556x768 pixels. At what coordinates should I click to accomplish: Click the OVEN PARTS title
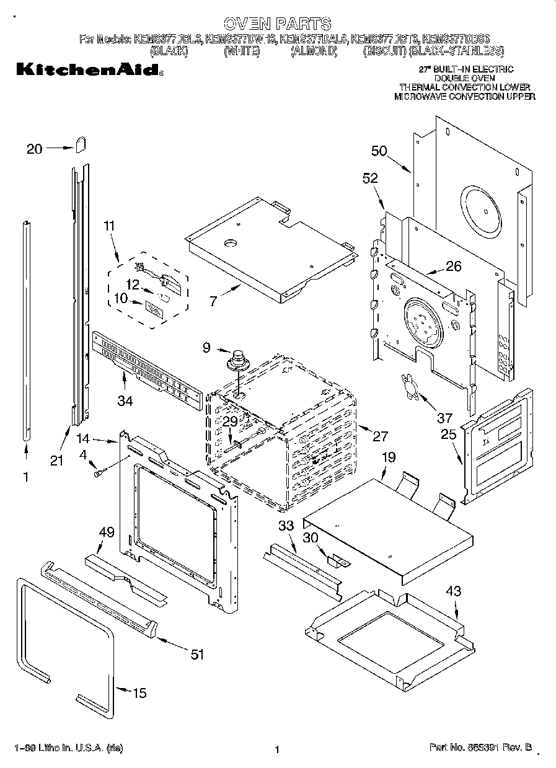(x=277, y=24)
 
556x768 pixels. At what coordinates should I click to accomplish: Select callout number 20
(x=35, y=148)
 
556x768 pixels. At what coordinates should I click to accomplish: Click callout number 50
(x=379, y=151)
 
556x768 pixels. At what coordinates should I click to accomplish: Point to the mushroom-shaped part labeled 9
(x=236, y=360)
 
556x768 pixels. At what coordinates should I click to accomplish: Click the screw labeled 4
(x=98, y=473)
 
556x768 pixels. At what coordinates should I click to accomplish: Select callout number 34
(x=125, y=401)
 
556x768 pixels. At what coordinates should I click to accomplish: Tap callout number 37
(x=444, y=418)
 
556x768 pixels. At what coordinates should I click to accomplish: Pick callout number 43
(x=454, y=591)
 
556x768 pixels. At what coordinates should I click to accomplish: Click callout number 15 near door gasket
(x=140, y=693)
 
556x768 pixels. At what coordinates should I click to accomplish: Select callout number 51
(x=196, y=655)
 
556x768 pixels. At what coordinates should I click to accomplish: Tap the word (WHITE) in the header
(x=241, y=52)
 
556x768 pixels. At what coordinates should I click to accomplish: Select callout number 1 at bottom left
(x=26, y=478)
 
